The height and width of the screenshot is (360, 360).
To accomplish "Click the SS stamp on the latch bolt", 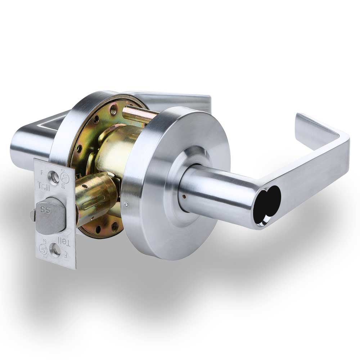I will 46,210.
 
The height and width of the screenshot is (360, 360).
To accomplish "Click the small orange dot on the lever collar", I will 184,196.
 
